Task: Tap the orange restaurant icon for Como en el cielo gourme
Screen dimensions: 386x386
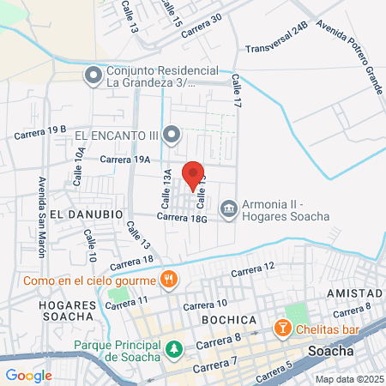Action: coord(169,279)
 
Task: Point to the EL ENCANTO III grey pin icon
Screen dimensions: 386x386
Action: coord(172,135)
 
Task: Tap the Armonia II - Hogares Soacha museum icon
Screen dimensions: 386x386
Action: coord(228,208)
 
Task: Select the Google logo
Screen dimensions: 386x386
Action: coord(28,374)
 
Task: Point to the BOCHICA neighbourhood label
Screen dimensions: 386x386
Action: coord(229,319)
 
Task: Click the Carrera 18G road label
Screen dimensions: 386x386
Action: coord(184,219)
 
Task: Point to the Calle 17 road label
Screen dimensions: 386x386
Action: coord(236,90)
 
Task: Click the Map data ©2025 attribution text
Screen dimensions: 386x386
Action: coord(348,379)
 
